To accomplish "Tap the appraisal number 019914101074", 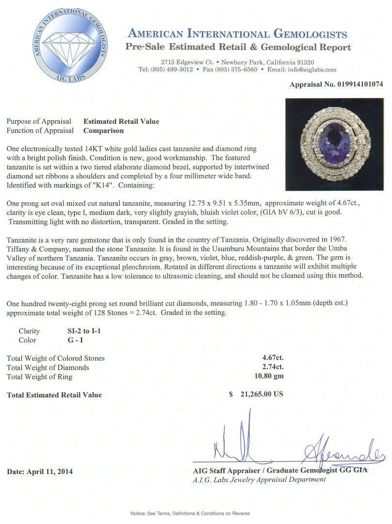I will coord(359,84).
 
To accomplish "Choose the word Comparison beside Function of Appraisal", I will coord(103,130).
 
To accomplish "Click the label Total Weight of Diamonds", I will coord(48,367).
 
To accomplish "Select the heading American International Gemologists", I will coord(237,34).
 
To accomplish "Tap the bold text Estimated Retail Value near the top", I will coord(121,121).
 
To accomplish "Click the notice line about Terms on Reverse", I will coord(196,513).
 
